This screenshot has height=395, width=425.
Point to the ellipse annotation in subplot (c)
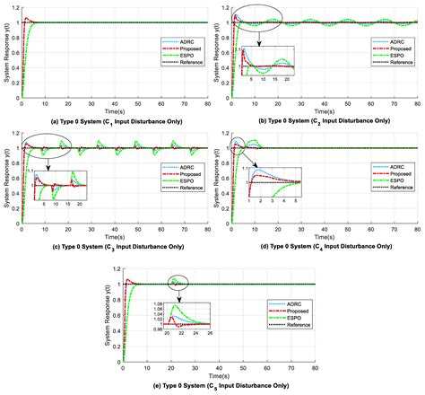(50, 145)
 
